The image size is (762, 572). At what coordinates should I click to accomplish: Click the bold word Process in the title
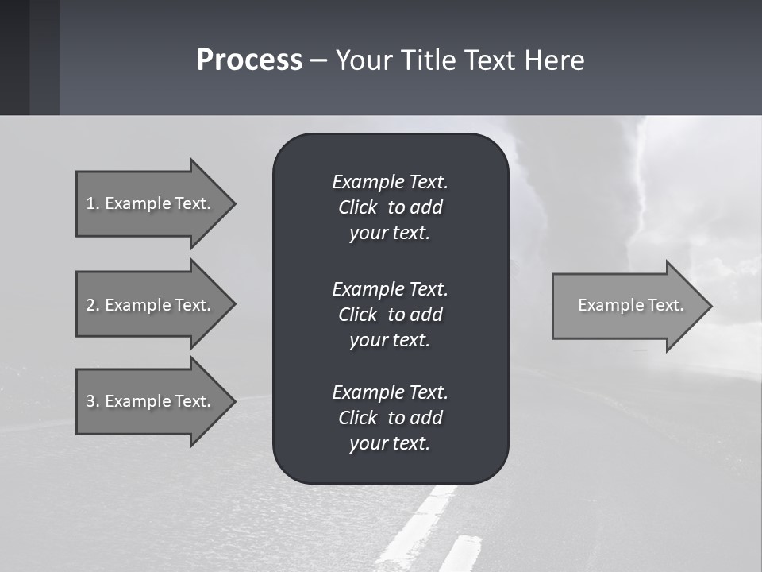(x=249, y=60)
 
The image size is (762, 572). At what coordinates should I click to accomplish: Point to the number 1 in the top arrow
(x=90, y=203)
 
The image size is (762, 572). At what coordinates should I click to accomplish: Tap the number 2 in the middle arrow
(x=90, y=305)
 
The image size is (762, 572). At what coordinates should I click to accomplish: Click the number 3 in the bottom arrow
(x=90, y=401)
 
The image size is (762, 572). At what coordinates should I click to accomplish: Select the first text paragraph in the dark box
(x=390, y=207)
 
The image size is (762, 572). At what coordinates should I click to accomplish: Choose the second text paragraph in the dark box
(x=390, y=314)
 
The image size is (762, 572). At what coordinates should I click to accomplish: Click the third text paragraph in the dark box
(x=390, y=417)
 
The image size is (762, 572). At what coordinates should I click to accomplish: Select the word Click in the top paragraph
(x=357, y=207)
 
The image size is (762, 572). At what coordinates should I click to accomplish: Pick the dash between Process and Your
(x=318, y=61)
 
